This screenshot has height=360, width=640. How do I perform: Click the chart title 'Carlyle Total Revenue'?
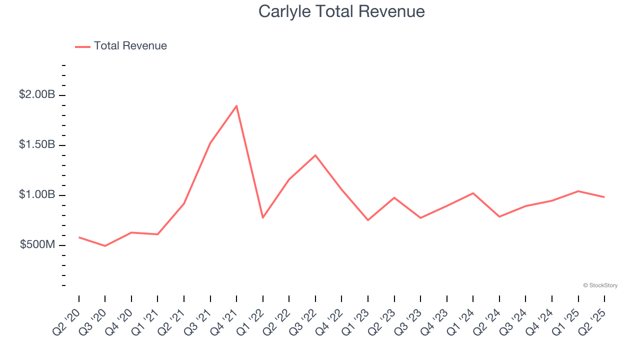(x=341, y=11)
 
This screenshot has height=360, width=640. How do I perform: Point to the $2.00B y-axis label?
(x=37, y=94)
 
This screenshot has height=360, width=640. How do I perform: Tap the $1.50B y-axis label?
(x=37, y=144)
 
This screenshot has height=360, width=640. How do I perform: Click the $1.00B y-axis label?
(x=37, y=194)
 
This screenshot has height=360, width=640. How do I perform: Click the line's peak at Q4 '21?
(x=236, y=105)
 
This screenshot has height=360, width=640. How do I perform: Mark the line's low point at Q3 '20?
(x=105, y=246)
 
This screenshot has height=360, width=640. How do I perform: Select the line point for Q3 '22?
(x=315, y=155)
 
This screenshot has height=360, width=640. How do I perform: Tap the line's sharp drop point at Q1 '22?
(x=262, y=217)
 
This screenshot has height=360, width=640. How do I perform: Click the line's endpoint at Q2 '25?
(x=604, y=197)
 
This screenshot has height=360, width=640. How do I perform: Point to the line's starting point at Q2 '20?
(x=79, y=237)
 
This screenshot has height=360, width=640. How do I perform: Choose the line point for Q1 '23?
(x=368, y=220)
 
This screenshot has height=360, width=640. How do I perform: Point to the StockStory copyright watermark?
(x=600, y=285)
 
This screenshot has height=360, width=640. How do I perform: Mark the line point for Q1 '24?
(x=473, y=193)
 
